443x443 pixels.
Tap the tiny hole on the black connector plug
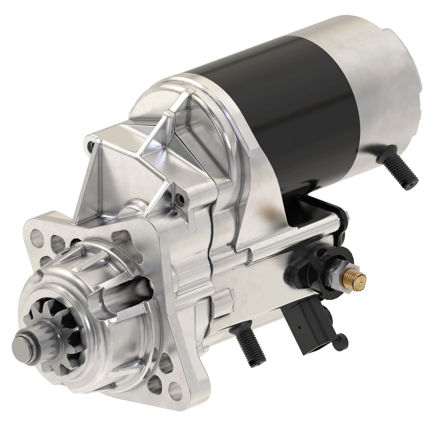click(300, 327)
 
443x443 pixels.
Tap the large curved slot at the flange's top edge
click(126, 236)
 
